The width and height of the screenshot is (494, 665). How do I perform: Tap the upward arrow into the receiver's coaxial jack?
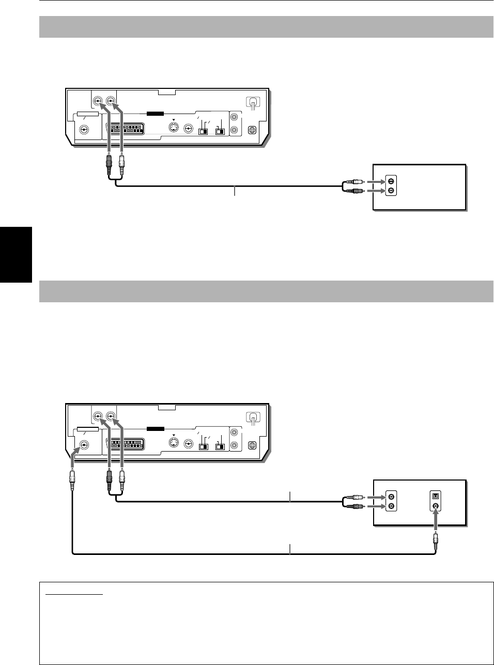pos(436,519)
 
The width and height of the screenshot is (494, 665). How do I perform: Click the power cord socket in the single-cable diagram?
pos(253,103)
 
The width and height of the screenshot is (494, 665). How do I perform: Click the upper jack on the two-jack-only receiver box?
pos(391,182)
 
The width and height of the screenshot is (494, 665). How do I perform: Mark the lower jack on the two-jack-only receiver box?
pos(391,191)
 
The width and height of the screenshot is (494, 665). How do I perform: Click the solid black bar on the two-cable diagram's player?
pos(155,428)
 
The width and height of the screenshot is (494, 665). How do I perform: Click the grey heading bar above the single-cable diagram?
pos(266,27)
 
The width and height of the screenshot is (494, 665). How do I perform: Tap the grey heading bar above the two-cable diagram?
pos(266,291)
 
